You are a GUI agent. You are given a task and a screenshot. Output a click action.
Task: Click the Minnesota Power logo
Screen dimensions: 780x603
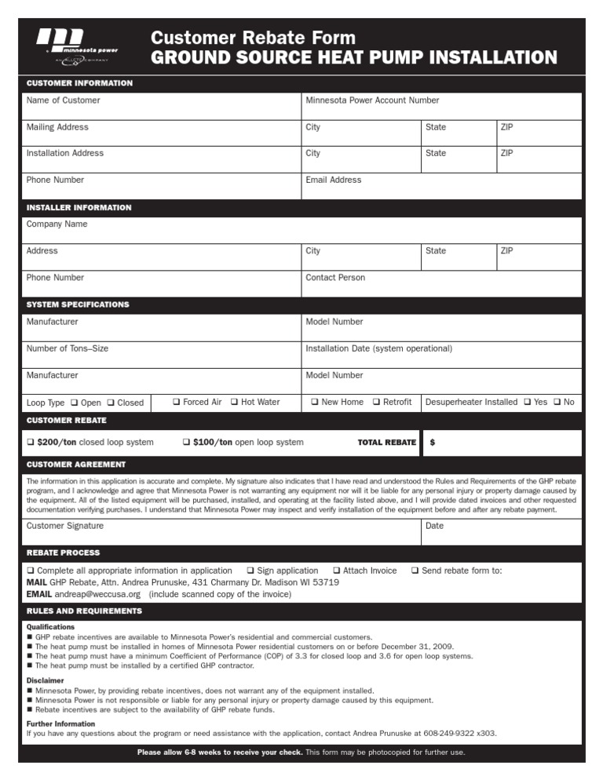(78, 46)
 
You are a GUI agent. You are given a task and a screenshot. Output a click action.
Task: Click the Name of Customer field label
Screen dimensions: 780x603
(63, 100)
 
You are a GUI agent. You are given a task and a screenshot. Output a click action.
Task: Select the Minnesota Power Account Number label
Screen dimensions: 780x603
(372, 100)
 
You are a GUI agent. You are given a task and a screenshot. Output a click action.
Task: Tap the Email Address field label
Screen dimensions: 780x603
(333, 180)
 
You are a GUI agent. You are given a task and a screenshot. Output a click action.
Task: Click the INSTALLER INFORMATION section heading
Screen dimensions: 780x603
(79, 208)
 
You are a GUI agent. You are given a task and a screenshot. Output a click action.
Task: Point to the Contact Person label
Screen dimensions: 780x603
(335, 278)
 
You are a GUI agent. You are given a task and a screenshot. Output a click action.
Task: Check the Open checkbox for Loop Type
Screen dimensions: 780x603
(74, 403)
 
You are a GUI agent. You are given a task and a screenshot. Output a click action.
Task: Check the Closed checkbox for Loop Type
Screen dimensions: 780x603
(111, 403)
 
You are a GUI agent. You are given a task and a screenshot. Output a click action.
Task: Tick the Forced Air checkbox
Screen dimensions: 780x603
(177, 403)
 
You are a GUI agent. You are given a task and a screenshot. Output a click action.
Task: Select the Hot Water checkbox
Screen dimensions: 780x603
(235, 403)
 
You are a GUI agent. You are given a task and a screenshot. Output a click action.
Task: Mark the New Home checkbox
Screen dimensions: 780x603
(314, 403)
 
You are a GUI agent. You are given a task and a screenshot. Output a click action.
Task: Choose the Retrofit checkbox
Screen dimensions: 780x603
(376, 403)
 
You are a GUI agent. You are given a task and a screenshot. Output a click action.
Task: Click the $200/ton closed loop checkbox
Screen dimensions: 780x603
(31, 443)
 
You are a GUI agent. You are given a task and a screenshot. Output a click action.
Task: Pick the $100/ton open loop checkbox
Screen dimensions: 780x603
(186, 443)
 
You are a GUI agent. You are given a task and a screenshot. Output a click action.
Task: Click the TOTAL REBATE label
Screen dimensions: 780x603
(386, 443)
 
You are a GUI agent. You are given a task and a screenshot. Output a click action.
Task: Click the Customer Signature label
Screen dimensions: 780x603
(64, 526)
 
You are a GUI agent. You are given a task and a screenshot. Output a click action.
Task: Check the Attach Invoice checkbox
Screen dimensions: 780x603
(336, 570)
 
